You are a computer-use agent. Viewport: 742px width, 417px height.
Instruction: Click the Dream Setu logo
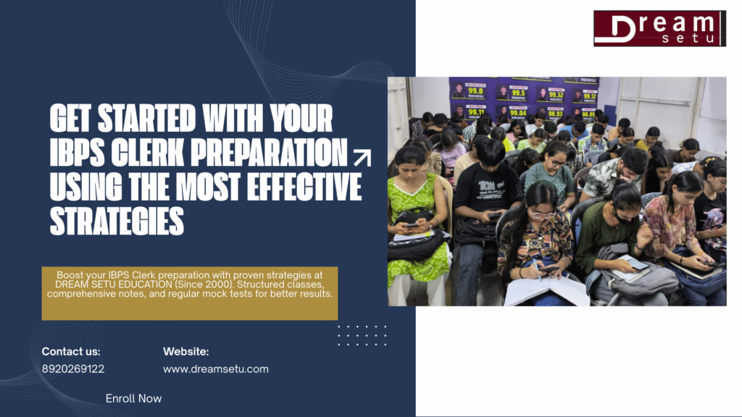[659, 29]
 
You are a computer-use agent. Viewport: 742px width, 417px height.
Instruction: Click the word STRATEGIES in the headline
[117, 221]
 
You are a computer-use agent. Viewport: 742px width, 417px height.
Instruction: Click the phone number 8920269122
[73, 368]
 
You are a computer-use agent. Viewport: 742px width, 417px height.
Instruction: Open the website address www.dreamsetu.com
[216, 368]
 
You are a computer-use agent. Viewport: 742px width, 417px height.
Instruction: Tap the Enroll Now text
[133, 398]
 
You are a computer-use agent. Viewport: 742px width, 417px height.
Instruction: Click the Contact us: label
[71, 352]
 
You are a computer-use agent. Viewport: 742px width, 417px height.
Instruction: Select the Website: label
[186, 352]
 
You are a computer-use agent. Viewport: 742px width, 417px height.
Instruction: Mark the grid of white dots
[362, 335]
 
